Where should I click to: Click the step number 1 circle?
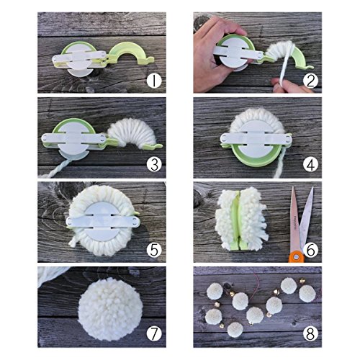[x=153, y=81]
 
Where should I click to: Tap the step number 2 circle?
[x=309, y=81]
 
